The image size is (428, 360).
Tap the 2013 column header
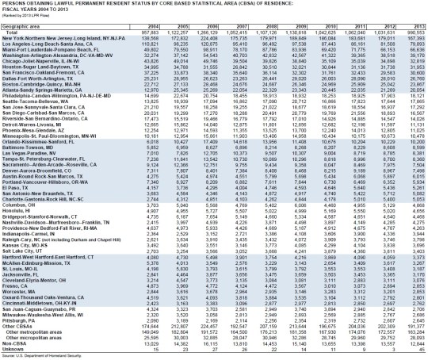pos(415,25)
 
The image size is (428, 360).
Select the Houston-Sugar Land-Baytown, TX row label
pos(40,71)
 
